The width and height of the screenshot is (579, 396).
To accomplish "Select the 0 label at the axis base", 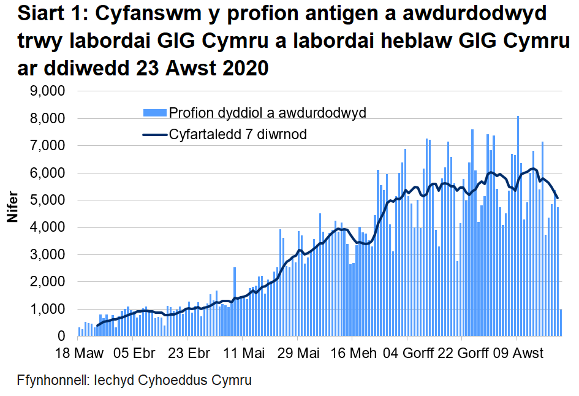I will [62, 337].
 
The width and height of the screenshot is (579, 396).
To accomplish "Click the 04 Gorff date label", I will [408, 354].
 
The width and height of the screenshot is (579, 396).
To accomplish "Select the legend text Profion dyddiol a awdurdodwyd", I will [267, 113].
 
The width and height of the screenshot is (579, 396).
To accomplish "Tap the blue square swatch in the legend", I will [154, 113].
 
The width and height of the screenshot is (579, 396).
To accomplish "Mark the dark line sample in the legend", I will [154, 134].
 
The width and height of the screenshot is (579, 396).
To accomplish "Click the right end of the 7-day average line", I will [558, 198].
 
